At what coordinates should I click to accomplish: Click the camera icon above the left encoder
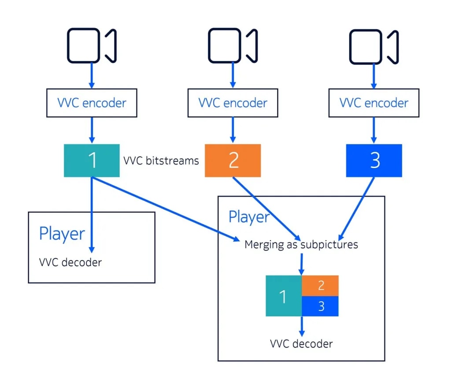[x=91, y=45]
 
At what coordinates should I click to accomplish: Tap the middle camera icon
[x=233, y=45]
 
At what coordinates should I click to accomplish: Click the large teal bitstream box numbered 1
[x=92, y=160]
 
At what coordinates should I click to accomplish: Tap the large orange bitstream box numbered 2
[x=233, y=160]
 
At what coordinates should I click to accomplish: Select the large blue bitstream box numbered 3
[x=374, y=160]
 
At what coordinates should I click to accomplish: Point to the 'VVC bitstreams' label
[x=161, y=160]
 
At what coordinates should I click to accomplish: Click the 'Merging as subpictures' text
[x=301, y=244]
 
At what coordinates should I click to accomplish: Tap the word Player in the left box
[x=62, y=233]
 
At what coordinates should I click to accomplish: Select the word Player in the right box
[x=249, y=217]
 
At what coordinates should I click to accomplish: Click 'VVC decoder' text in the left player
[x=70, y=262]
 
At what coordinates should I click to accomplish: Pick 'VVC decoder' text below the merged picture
[x=302, y=343]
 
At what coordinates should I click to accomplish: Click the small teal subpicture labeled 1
[x=283, y=296]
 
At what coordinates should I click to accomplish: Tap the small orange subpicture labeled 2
[x=320, y=285]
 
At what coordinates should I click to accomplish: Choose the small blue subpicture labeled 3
[x=320, y=306]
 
